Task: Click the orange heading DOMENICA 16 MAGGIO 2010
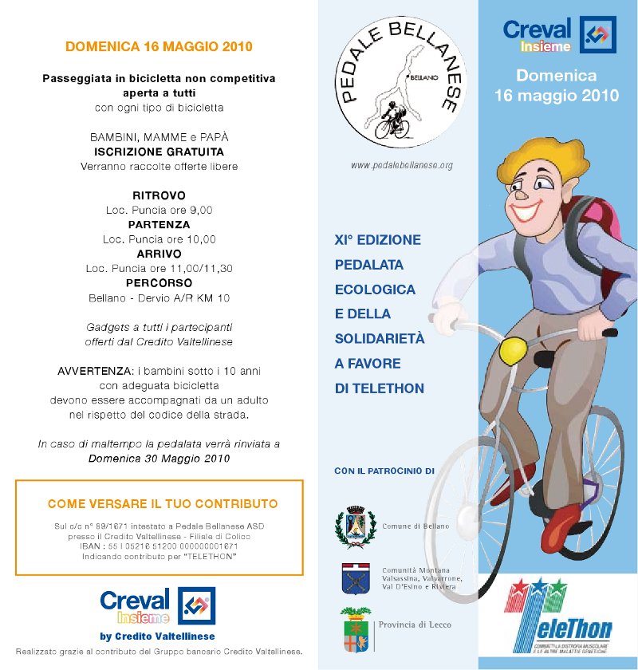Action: pyautogui.click(x=159, y=46)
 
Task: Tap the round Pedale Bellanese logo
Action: pyautogui.click(x=397, y=84)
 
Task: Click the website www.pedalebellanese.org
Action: pyautogui.click(x=402, y=166)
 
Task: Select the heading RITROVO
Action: pyautogui.click(x=159, y=195)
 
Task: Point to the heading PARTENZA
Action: pyautogui.click(x=159, y=225)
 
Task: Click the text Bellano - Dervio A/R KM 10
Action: pyautogui.click(x=159, y=298)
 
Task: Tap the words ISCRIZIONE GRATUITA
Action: pyautogui.click(x=159, y=152)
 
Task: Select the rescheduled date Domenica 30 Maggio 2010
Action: pyautogui.click(x=159, y=459)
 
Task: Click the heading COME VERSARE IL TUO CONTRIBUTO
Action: pyautogui.click(x=163, y=504)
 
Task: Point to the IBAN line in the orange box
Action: pyautogui.click(x=159, y=546)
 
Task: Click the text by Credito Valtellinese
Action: pyautogui.click(x=157, y=636)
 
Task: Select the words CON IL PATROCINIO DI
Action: pyautogui.click(x=384, y=471)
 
